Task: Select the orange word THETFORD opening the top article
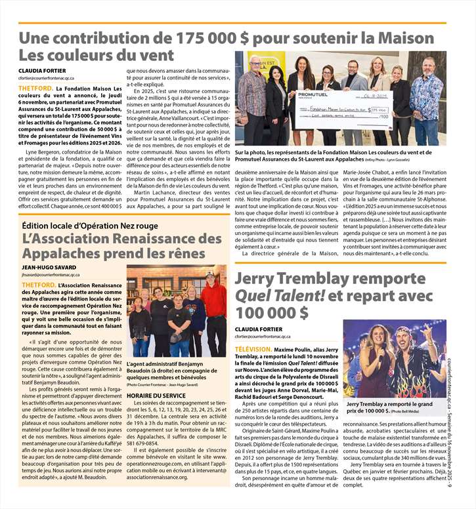click(x=36, y=88)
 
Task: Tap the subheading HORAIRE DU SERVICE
click(x=156, y=395)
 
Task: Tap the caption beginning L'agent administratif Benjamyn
click(x=175, y=367)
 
